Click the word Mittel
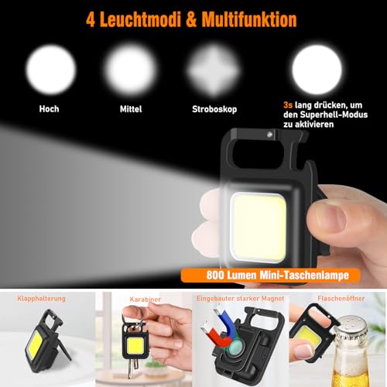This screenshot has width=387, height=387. pyautogui.click(x=130, y=109)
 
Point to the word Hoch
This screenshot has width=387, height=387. pyautogui.click(x=50, y=109)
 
